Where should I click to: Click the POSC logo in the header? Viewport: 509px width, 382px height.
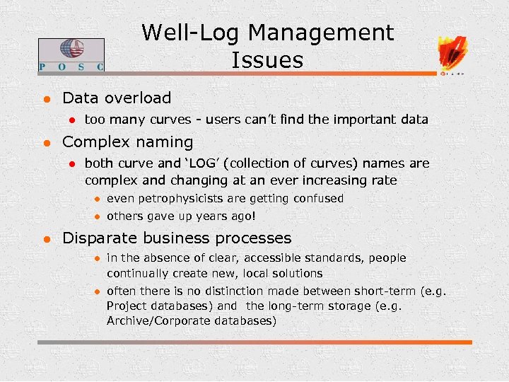(x=71, y=55)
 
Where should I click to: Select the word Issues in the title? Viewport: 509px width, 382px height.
(x=267, y=60)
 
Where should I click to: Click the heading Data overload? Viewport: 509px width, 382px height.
(x=117, y=98)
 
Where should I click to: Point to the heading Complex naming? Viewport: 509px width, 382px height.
(x=127, y=141)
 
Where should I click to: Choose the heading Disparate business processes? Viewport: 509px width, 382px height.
(x=177, y=238)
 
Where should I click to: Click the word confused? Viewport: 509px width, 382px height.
(x=318, y=199)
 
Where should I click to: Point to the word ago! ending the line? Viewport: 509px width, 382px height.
(x=240, y=216)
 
